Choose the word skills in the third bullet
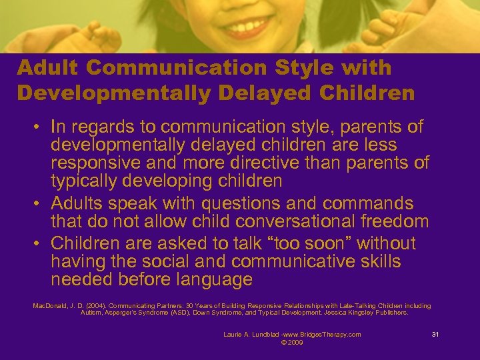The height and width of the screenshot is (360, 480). click(375, 261)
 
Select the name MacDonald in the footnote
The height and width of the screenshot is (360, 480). click(48, 306)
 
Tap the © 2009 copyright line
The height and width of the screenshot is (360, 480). click(292, 343)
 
